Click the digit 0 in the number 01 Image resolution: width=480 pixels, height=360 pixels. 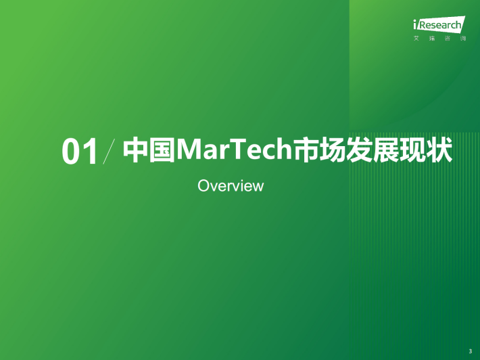[x=71, y=152]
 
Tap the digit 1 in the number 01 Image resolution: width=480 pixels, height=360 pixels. [x=91, y=152]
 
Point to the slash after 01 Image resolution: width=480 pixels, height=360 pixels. [x=109, y=151]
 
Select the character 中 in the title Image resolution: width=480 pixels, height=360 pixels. [x=136, y=150]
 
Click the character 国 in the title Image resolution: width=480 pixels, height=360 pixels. [x=162, y=150]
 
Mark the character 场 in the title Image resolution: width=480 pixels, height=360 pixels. [x=333, y=150]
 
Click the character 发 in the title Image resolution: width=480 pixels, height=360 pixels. [x=360, y=150]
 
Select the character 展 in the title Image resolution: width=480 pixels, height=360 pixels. [x=386, y=150]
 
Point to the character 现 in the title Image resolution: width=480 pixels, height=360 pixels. [x=413, y=150]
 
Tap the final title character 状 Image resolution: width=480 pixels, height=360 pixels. [x=439, y=150]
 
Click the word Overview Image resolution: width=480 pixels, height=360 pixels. [x=231, y=185]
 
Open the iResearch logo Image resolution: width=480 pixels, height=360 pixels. [x=439, y=24]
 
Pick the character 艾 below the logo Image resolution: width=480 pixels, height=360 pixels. [x=416, y=39]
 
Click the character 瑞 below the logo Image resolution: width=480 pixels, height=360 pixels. [x=432, y=39]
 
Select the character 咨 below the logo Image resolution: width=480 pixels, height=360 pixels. [x=448, y=39]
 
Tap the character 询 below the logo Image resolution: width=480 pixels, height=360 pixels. [x=463, y=39]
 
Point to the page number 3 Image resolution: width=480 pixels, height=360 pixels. [x=471, y=351]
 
